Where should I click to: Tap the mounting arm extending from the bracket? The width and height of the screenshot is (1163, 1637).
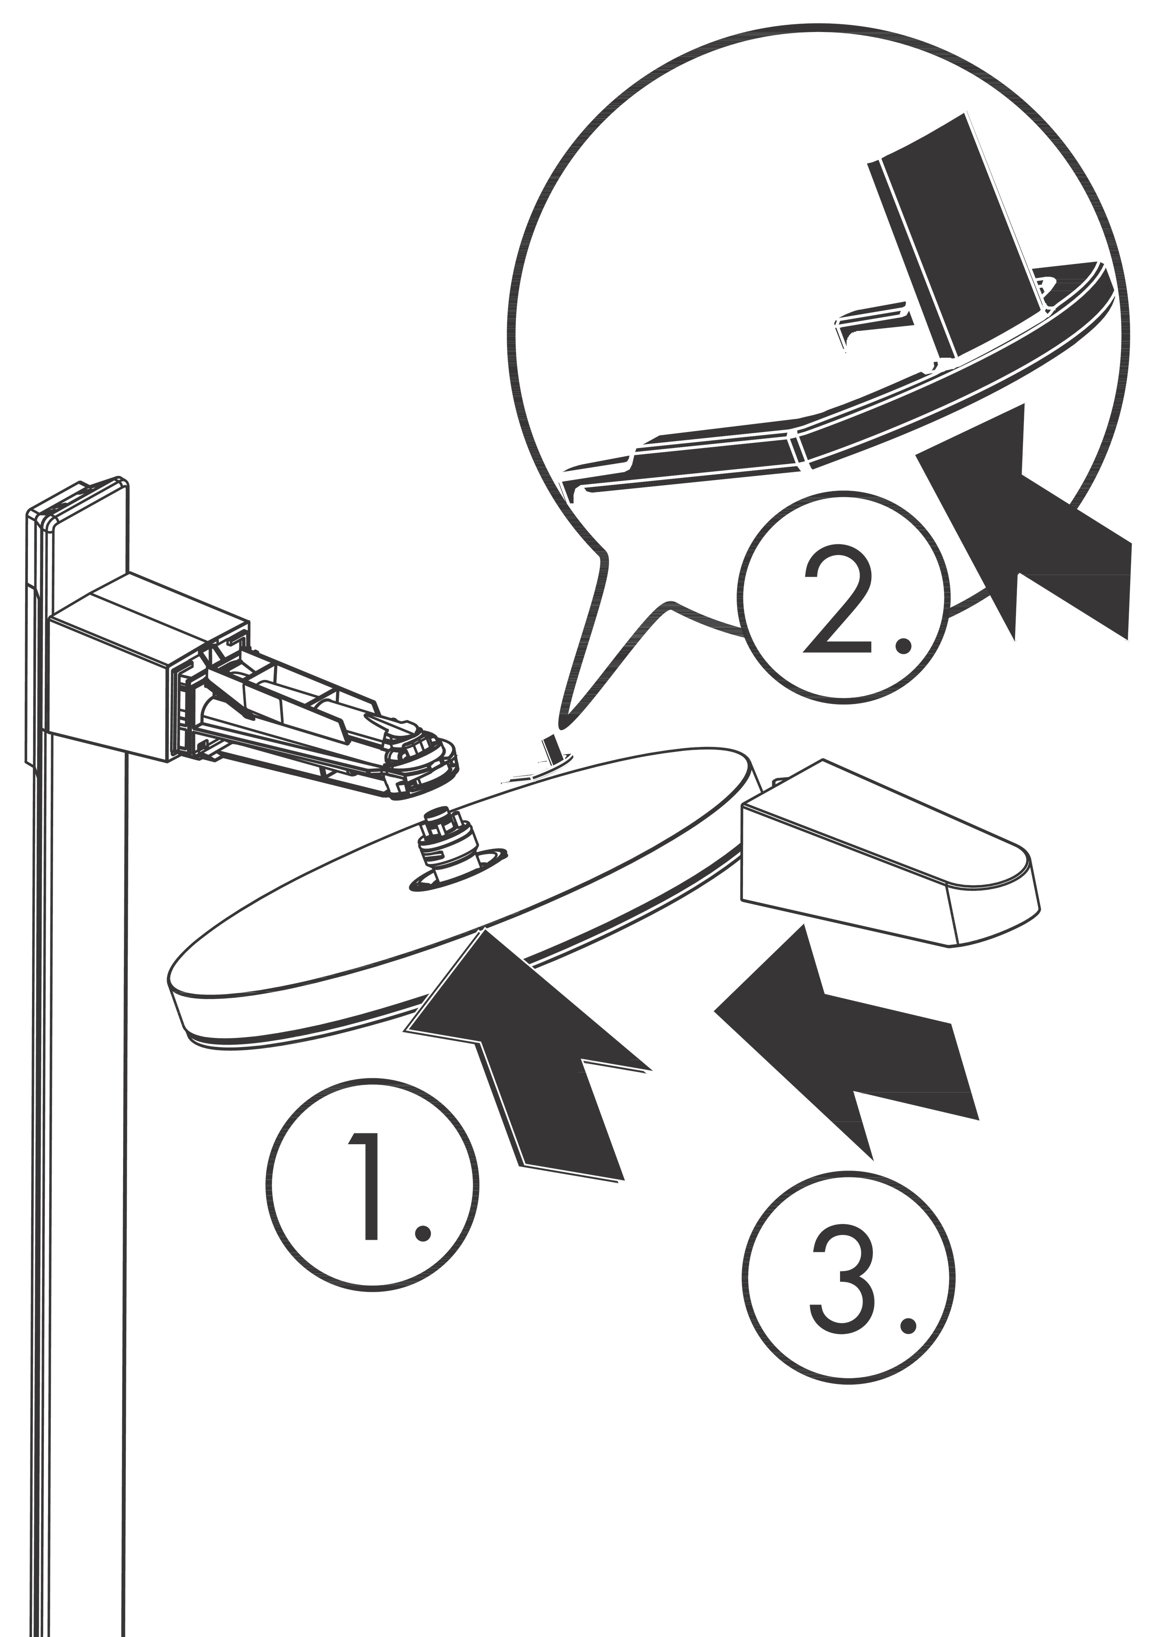pos(315,716)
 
